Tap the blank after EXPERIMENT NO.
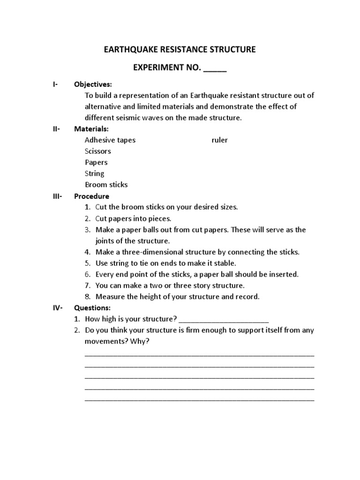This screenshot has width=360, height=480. point(215,68)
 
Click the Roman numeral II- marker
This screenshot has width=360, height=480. point(56,129)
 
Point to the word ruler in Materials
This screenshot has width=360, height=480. point(219,140)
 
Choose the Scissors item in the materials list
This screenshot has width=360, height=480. point(98,151)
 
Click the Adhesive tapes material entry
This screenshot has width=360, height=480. point(110,140)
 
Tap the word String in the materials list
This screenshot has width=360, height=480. point(95,173)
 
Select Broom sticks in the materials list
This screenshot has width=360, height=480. point(106,185)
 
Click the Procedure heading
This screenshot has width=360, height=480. point(92,196)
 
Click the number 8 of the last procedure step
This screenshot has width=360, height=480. point(87,297)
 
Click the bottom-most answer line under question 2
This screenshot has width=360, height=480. point(199,400)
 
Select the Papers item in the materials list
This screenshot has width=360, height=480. point(96,163)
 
